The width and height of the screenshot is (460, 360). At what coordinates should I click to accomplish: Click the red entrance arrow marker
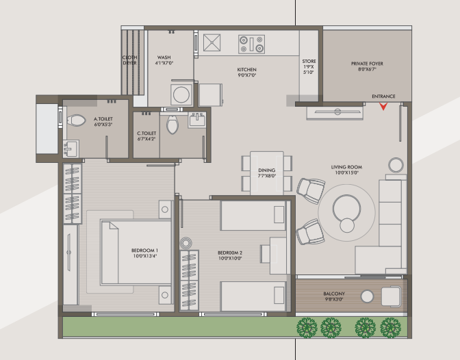tap(383, 106)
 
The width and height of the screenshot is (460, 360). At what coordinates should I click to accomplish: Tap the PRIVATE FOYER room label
tap(367, 64)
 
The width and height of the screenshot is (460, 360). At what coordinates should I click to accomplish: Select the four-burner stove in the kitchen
tap(251, 44)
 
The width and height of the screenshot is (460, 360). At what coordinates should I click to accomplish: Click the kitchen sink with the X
tap(212, 42)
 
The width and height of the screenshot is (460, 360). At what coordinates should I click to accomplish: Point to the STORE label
tap(309, 62)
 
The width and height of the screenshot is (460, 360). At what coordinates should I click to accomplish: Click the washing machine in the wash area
tap(181, 94)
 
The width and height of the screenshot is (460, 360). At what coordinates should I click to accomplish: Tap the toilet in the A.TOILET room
tap(76, 120)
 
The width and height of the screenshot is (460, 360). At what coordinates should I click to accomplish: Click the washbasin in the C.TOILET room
tap(197, 120)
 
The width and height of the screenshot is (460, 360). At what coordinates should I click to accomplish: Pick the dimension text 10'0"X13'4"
tap(145, 256)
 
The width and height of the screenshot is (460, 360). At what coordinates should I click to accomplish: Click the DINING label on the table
tap(267, 170)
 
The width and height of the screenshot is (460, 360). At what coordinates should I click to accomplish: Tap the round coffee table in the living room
tap(347, 209)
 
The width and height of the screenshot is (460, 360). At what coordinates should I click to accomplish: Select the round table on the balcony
tap(367, 296)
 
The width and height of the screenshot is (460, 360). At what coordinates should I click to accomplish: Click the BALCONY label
tap(334, 294)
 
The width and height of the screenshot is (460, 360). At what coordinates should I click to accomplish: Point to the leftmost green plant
tap(307, 327)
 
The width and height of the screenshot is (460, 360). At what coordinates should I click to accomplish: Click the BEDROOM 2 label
tap(230, 253)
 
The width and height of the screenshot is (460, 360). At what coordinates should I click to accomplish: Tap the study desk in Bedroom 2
tap(277, 255)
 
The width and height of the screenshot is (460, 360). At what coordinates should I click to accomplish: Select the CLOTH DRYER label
tap(129, 60)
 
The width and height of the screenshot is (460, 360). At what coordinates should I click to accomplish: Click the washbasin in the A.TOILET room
tap(71, 149)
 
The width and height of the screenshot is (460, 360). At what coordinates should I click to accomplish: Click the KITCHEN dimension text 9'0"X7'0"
tap(246, 75)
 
